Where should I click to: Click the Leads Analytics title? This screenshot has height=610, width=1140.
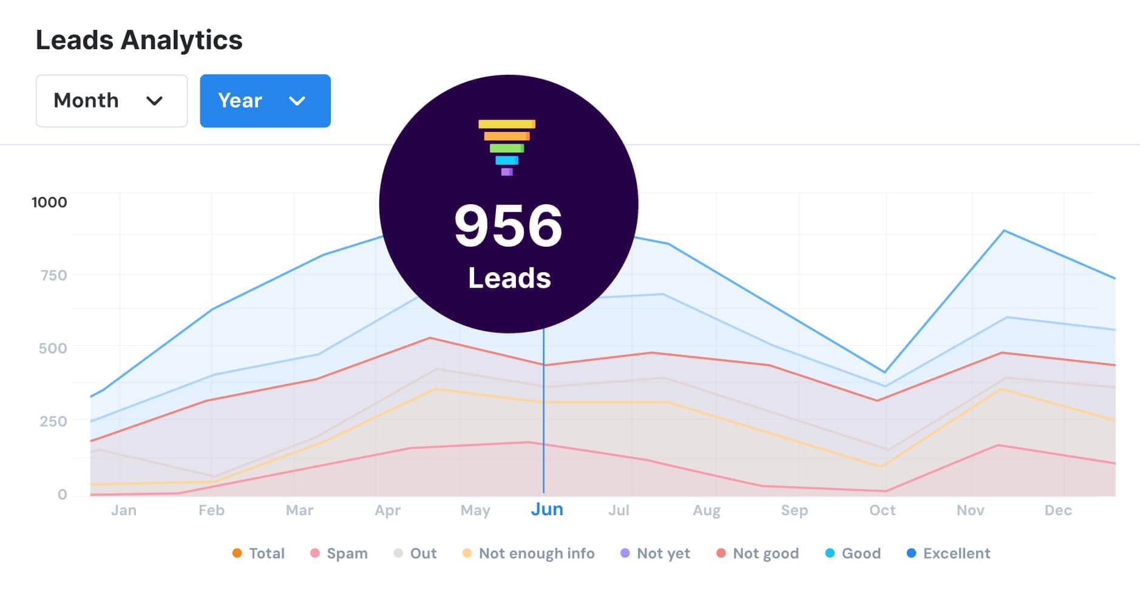139,41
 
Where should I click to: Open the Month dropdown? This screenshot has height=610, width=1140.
111,101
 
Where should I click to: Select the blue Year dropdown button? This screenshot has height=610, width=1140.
265,101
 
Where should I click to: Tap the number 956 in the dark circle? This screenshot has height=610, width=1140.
508,225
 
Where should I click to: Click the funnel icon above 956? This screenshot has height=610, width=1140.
507,147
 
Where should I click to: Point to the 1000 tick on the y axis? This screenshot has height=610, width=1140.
49,202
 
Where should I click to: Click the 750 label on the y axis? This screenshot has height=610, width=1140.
53,275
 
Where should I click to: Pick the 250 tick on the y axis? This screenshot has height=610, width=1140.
53,421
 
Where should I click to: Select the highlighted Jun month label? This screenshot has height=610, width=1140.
547,509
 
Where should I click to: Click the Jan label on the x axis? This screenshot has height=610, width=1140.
124,510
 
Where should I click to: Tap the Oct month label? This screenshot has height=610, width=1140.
882,510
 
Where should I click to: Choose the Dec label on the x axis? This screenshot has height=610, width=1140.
1058,510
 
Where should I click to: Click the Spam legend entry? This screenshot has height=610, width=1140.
347,553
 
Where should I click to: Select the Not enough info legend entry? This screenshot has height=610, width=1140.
536,553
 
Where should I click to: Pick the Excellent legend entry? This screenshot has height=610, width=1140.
956,553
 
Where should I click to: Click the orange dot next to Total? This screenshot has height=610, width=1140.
237,553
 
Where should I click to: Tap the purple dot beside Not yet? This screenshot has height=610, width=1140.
625,553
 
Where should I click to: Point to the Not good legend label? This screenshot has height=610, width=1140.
765,553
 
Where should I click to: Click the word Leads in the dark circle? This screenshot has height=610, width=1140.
509,278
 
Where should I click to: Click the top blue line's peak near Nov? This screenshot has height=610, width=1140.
1004,231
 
